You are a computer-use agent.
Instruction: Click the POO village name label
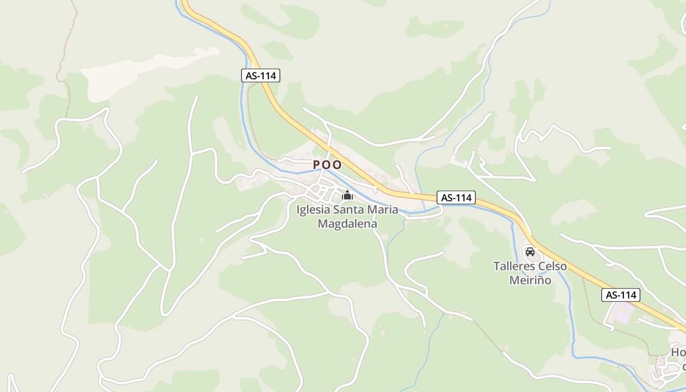pyautogui.click(x=327, y=165)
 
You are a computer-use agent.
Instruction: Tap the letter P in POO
pyautogui.click(x=317, y=165)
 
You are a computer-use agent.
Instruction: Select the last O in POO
pyautogui.click(x=337, y=165)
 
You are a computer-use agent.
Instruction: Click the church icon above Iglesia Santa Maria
pyautogui.click(x=347, y=196)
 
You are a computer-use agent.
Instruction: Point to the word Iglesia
pyautogui.click(x=314, y=210)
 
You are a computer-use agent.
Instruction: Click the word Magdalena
pyautogui.click(x=347, y=224)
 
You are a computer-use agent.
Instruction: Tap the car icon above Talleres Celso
pyautogui.click(x=530, y=252)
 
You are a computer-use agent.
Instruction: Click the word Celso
pyautogui.click(x=553, y=267)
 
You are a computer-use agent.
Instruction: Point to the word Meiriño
pyautogui.click(x=530, y=280)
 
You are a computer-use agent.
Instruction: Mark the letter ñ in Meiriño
pyautogui.click(x=541, y=280)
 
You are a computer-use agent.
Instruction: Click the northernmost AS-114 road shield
pyautogui.click(x=261, y=75)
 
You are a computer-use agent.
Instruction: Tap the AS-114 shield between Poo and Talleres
pyautogui.click(x=456, y=197)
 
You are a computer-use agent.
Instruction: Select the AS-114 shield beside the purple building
pyautogui.click(x=621, y=295)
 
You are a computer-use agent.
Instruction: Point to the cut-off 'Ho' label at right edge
pyautogui.click(x=678, y=352)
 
